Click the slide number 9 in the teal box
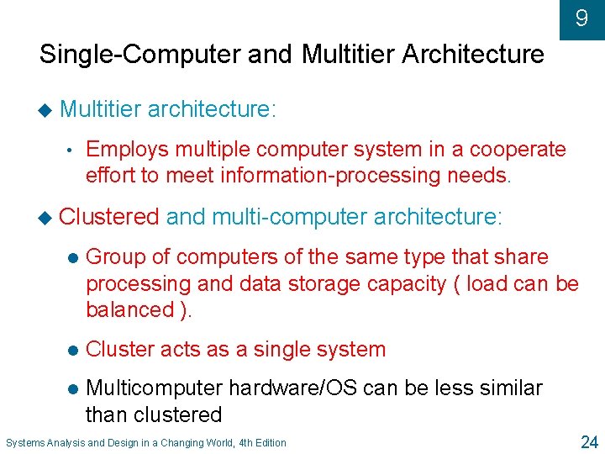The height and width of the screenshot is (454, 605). click(x=581, y=18)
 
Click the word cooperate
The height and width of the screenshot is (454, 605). click(x=518, y=150)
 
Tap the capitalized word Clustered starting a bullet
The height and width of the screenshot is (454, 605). click(x=109, y=217)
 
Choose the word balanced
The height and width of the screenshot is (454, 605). click(x=130, y=309)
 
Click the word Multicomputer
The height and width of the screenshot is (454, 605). click(x=155, y=388)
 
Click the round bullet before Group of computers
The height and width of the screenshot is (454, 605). click(x=73, y=258)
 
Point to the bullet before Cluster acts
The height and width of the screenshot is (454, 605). click(x=73, y=350)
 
